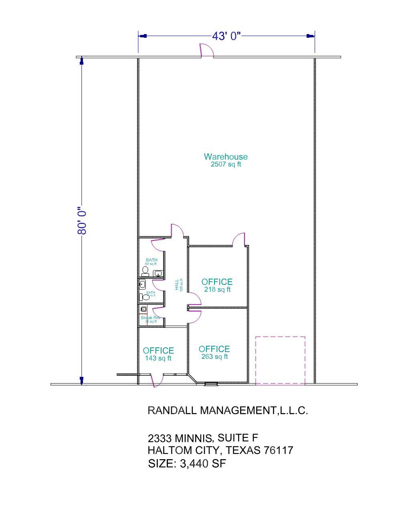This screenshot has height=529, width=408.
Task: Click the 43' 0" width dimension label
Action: (226, 36)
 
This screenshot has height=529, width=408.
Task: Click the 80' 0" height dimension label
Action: (82, 221)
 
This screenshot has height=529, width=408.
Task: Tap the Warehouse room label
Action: (226, 157)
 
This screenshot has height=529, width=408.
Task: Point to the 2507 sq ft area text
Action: (226, 164)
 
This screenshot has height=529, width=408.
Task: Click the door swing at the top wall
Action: (206, 51)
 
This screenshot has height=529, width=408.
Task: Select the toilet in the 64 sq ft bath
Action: (145, 272)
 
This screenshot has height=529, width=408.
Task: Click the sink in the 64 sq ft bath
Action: (158, 273)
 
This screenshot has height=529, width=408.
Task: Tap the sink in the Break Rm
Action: (143, 309)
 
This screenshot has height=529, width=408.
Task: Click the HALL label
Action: (177, 285)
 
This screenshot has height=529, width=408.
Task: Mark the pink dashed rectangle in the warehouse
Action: (280, 360)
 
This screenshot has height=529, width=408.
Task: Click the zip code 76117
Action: (278, 450)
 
